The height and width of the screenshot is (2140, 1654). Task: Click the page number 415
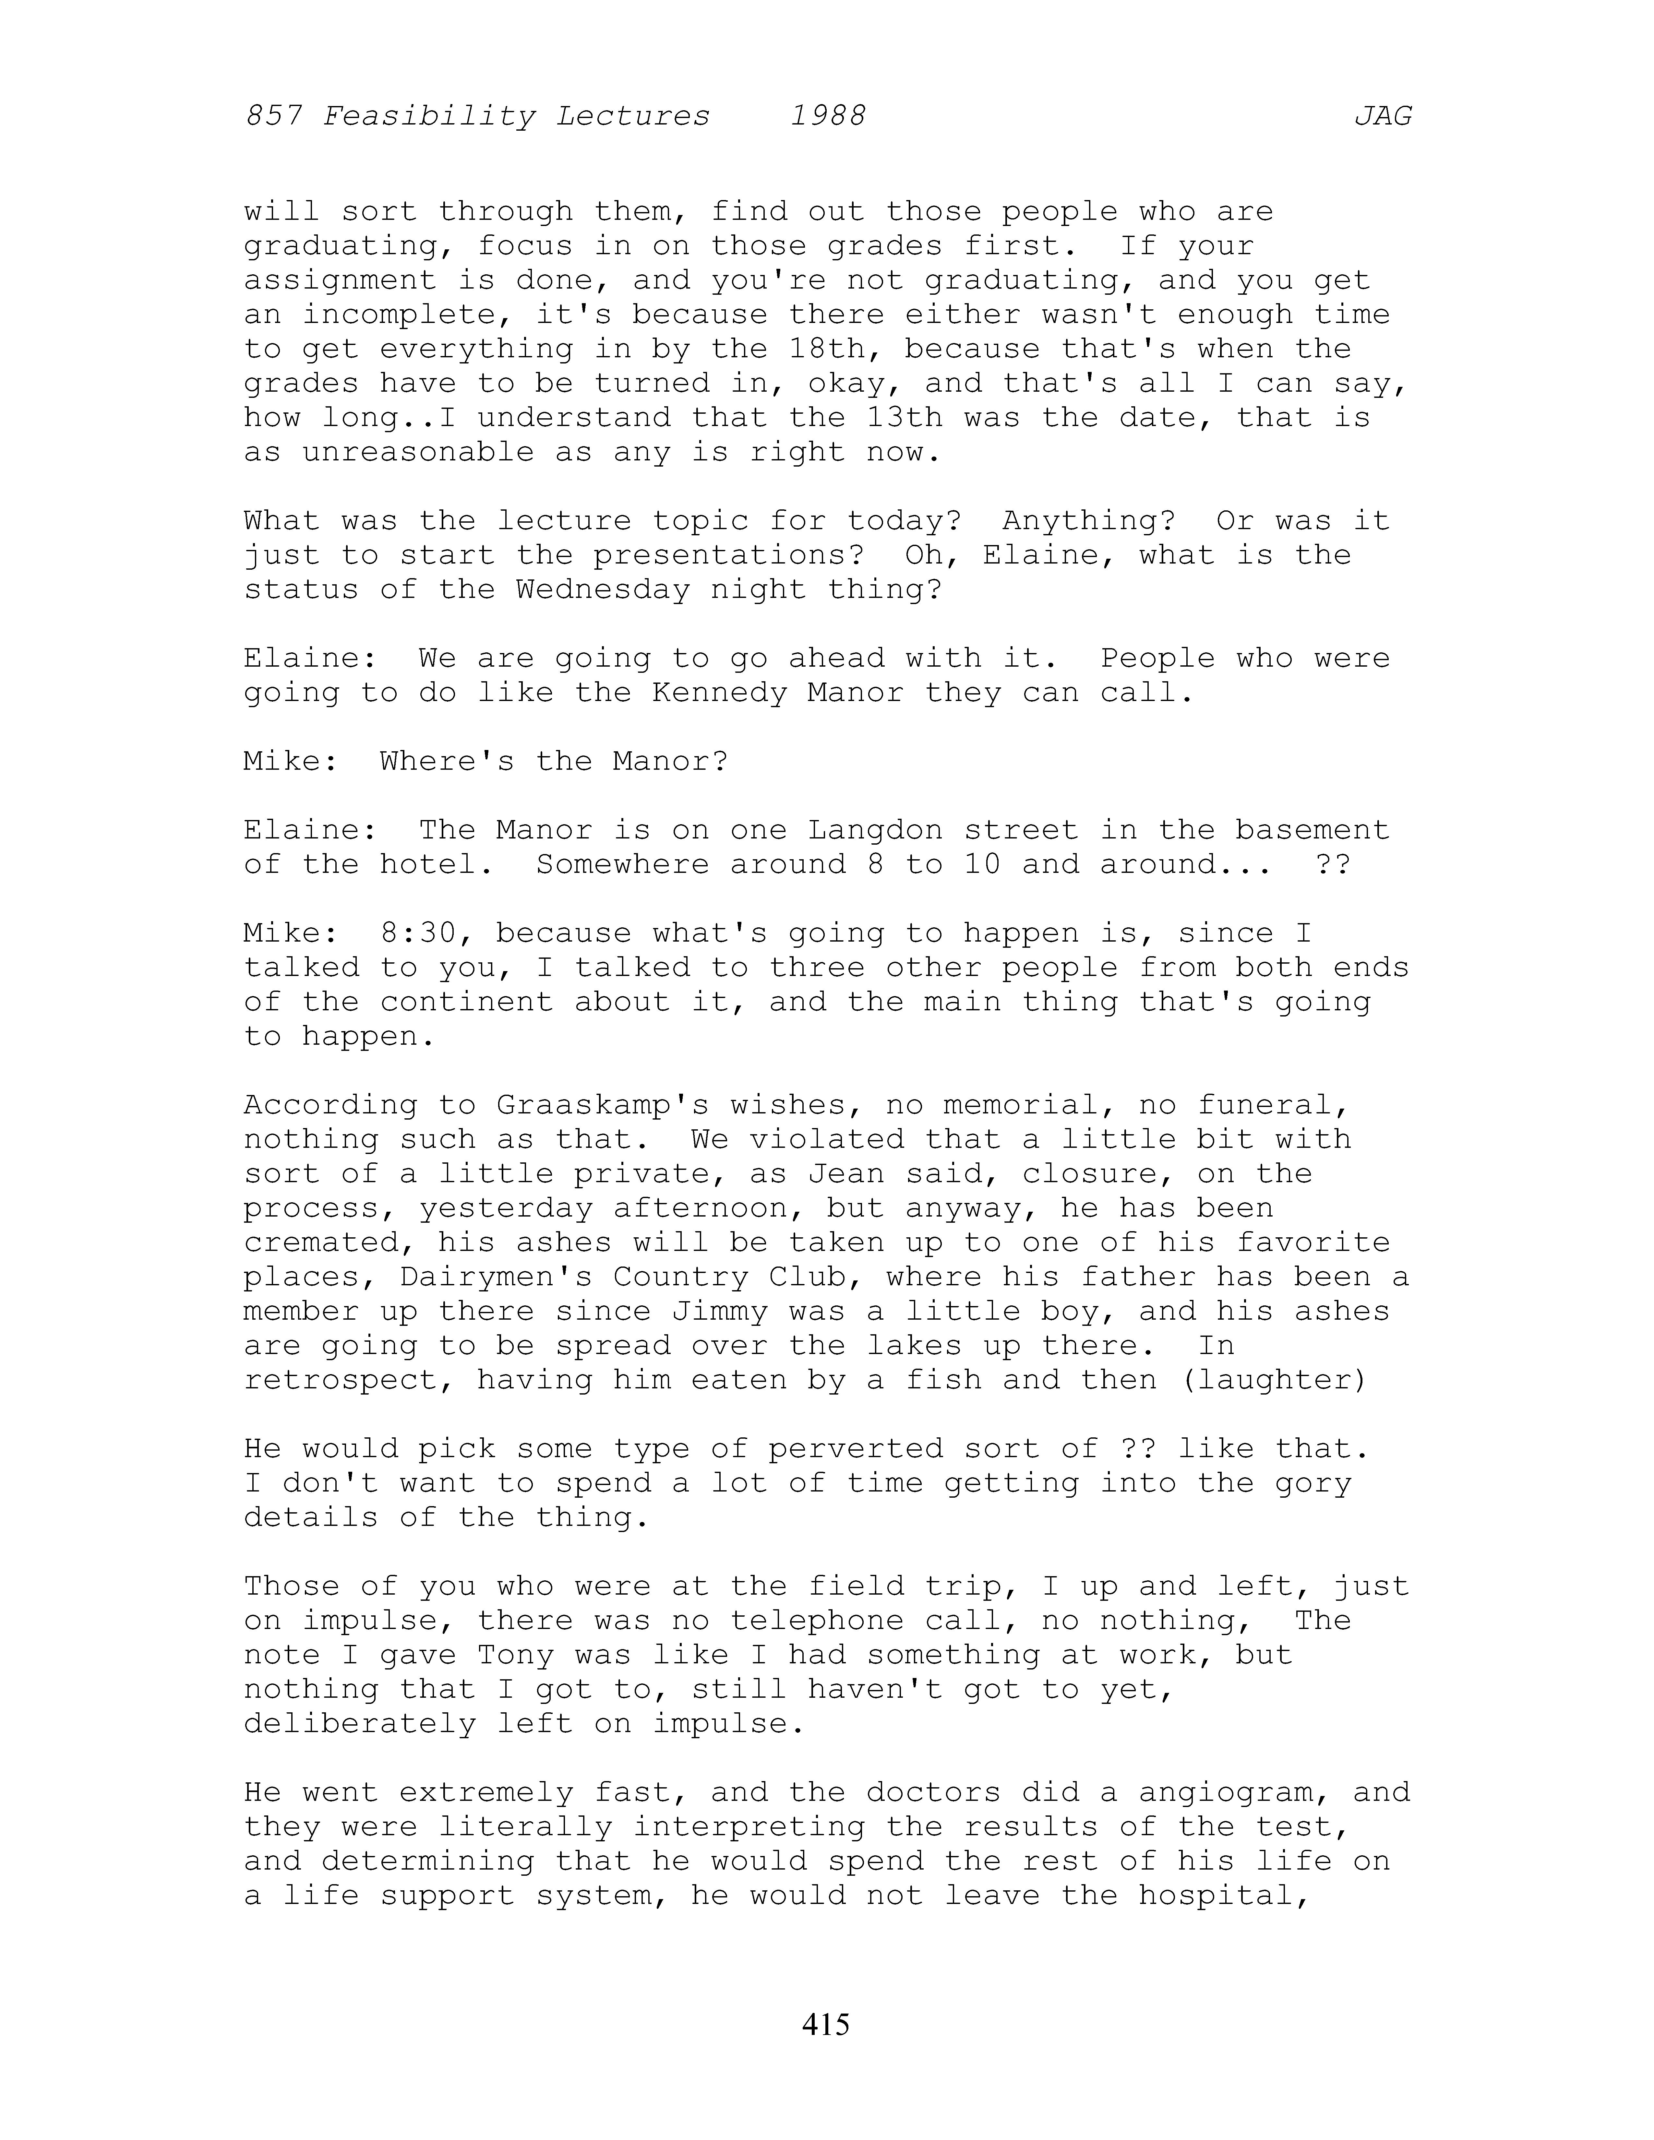point(826,2023)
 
